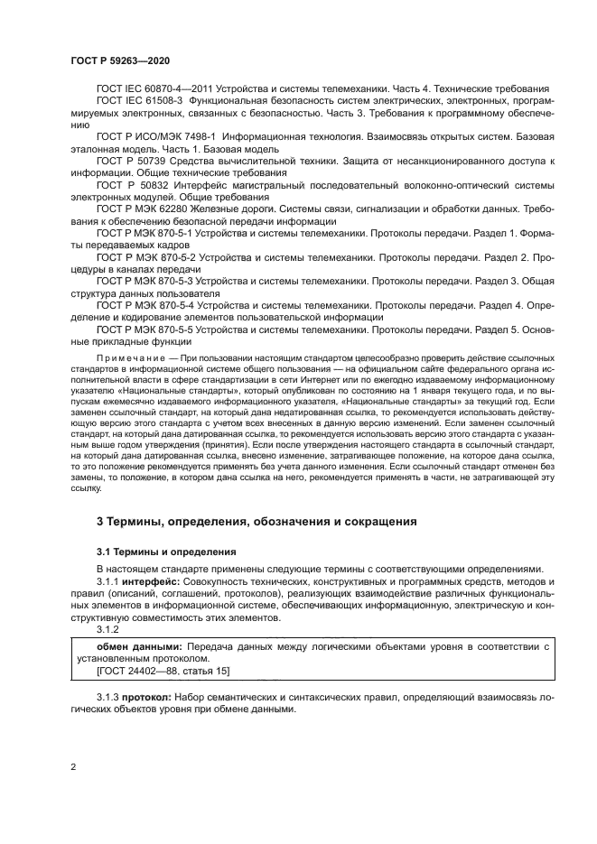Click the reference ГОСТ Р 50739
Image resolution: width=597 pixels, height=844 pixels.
(128, 160)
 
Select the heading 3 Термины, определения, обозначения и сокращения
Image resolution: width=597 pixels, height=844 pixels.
(256, 522)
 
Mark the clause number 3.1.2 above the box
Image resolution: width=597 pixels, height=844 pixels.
(107, 630)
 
